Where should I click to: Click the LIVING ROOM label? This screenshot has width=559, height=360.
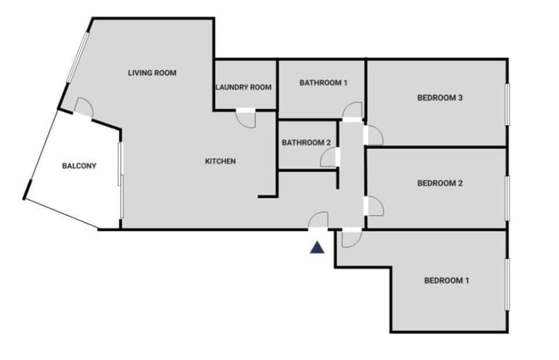click(x=152, y=73)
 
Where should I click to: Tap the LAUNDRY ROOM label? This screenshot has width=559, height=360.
click(x=243, y=87)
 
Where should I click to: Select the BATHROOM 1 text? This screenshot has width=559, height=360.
click(x=323, y=83)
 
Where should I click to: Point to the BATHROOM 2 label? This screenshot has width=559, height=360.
click(x=306, y=143)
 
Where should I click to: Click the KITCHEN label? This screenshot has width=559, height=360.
click(x=221, y=161)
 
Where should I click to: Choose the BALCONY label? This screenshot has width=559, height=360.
click(x=79, y=166)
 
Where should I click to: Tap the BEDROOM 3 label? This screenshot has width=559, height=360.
click(x=440, y=98)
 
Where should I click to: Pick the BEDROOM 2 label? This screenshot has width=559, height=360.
click(x=440, y=183)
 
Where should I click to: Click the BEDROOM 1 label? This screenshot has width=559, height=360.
click(x=446, y=281)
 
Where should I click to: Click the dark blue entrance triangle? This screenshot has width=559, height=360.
click(x=317, y=248)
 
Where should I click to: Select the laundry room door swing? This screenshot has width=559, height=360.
click(x=246, y=119)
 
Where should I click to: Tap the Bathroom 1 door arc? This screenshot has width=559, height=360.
click(x=352, y=111)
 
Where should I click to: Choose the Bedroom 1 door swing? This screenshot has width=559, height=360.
click(x=351, y=239)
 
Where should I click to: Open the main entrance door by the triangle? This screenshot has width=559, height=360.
click(x=318, y=221)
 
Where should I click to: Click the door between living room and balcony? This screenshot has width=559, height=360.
click(x=84, y=108)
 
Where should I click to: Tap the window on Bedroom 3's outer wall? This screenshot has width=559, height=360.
click(x=507, y=104)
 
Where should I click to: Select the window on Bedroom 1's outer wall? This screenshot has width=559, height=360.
click(x=507, y=284)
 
